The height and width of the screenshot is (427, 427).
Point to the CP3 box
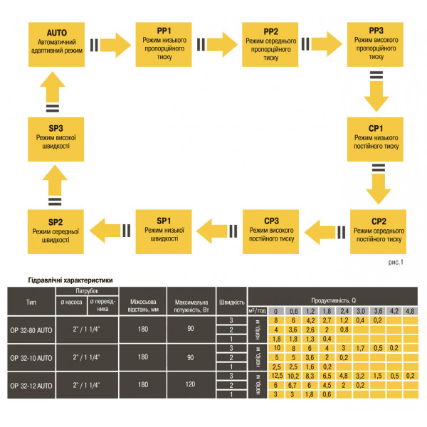[271, 229]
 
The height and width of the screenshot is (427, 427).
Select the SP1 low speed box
[164, 229]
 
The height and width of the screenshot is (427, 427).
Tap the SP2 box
[56, 229]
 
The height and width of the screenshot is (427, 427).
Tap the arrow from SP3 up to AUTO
[56, 90]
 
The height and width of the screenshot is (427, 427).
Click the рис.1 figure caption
[395, 262]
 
